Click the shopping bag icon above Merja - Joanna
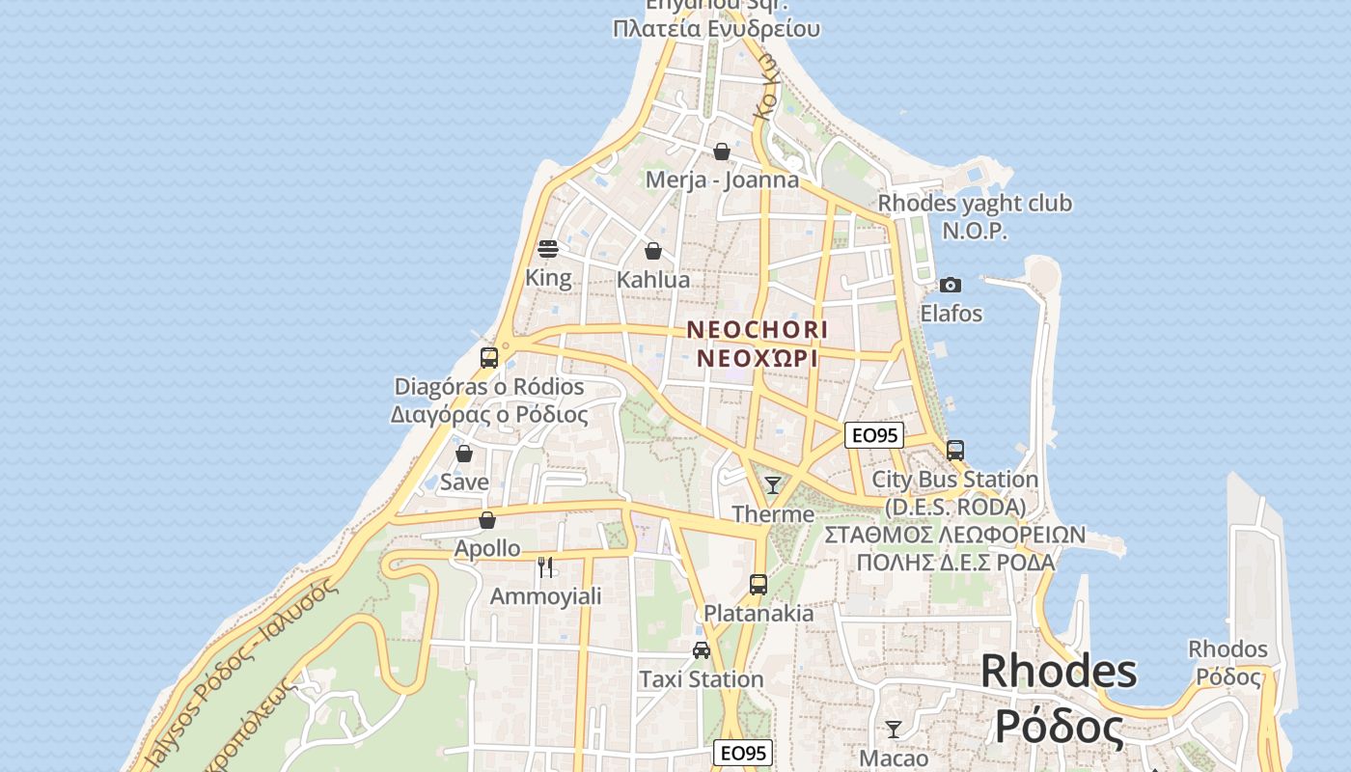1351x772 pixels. (x=722, y=152)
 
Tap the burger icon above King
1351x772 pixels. (x=548, y=249)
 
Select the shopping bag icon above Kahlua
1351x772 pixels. (x=653, y=251)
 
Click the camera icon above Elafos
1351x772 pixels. (x=951, y=285)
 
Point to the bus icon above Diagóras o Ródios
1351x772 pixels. (x=489, y=358)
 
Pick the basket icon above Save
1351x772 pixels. (x=464, y=453)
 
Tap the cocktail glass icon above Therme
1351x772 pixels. (x=773, y=484)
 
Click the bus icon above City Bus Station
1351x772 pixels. (x=955, y=450)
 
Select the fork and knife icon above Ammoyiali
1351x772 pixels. (x=545, y=566)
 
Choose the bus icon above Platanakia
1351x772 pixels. (x=758, y=584)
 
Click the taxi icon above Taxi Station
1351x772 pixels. (x=702, y=650)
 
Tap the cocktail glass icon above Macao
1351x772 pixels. (x=894, y=729)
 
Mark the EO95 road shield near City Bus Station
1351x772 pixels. (x=873, y=435)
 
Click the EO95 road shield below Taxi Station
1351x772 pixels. (x=743, y=753)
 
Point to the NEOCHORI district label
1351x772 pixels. (x=758, y=329)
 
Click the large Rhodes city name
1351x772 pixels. (x=1059, y=672)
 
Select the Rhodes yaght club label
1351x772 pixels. (x=975, y=204)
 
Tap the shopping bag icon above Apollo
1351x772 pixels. (x=487, y=520)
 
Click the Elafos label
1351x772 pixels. (x=951, y=314)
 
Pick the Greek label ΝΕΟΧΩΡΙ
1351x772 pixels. (x=758, y=359)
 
